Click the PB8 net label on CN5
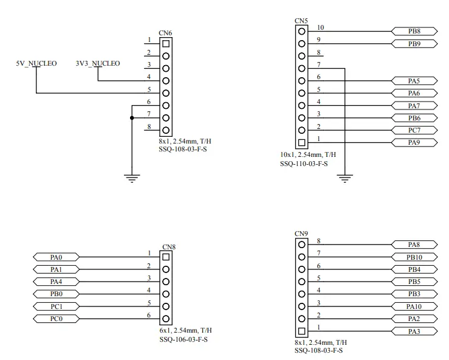[414, 31]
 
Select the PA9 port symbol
[414, 142]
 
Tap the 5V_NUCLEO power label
[36, 63]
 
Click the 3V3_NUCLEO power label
[98, 63]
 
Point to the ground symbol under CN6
[132, 178]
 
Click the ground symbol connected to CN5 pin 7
[344, 178]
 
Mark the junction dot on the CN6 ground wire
[132, 118]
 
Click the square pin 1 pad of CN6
[166, 44]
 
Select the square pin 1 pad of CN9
[301, 331]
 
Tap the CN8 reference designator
[169, 247]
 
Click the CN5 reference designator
[301, 21]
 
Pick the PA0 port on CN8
[56, 257]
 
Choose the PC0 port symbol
[56, 319]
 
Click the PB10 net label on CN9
[414, 257]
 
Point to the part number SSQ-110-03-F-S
[304, 164]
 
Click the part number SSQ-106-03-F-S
[183, 339]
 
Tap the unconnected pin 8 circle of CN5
[301, 56]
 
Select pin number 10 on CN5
[320, 27]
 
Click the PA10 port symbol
[414, 306]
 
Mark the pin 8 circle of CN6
[166, 130]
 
